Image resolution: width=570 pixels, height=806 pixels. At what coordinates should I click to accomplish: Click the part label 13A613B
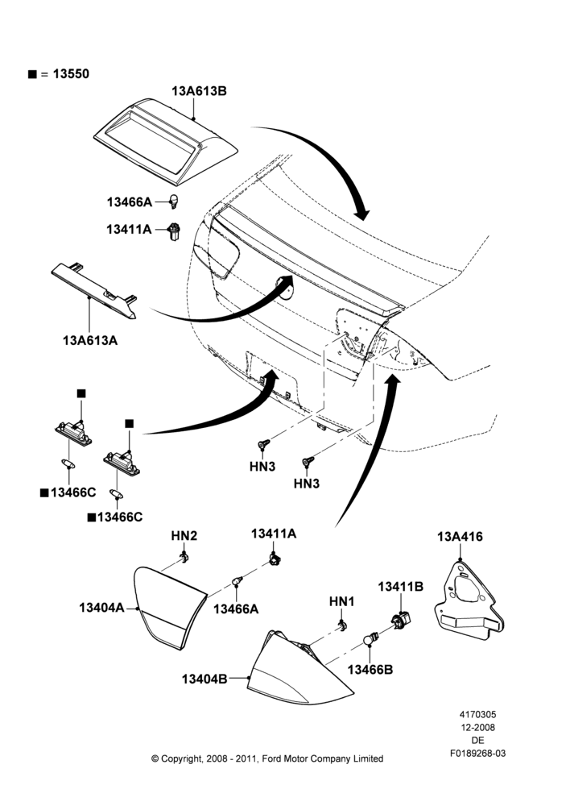[199, 91]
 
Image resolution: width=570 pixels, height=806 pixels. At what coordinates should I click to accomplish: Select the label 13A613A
[90, 340]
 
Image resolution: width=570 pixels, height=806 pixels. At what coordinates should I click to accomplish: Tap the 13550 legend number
[71, 74]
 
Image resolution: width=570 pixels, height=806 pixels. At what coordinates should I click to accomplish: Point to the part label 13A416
[461, 537]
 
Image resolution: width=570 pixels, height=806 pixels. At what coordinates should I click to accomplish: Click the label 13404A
[101, 608]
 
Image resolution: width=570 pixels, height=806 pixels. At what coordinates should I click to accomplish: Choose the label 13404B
[204, 679]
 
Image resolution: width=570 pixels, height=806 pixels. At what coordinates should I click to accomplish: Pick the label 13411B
[401, 587]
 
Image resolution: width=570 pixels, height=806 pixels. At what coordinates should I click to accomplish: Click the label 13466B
[370, 670]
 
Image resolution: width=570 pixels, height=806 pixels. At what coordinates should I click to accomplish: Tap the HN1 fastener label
[342, 601]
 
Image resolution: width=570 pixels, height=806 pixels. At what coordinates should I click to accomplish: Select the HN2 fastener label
[184, 536]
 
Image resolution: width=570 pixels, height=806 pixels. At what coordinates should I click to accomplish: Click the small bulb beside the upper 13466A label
[174, 201]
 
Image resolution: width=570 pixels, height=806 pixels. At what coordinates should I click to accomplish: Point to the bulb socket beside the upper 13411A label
[174, 232]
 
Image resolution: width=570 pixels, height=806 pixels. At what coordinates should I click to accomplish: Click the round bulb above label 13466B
[368, 639]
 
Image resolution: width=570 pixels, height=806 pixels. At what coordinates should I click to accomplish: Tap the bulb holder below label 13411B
[402, 619]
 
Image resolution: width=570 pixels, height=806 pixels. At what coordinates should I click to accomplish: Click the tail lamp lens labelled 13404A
[169, 607]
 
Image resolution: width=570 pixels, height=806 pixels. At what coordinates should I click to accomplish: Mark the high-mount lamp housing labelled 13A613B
[165, 141]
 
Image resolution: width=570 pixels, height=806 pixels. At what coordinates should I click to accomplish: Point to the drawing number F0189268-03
[477, 754]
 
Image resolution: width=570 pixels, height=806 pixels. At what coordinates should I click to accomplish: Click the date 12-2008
[477, 727]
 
